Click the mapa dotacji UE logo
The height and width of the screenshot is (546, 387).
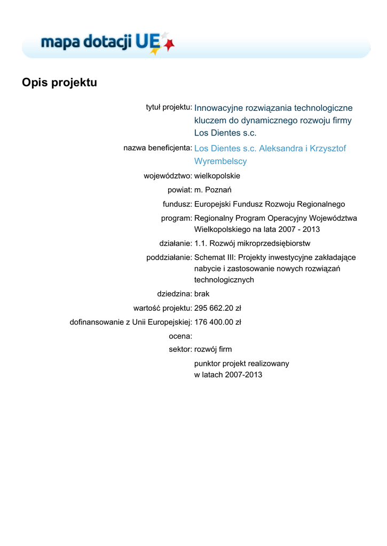(x=107, y=43)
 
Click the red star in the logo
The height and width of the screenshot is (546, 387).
(x=170, y=45)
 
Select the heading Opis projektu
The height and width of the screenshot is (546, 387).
(x=59, y=83)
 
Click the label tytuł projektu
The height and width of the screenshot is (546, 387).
(x=169, y=107)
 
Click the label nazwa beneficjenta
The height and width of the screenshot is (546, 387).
(x=157, y=148)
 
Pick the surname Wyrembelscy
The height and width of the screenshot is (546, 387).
(x=220, y=161)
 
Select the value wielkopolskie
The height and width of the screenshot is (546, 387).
(x=217, y=175)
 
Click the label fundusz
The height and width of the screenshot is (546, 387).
(x=177, y=204)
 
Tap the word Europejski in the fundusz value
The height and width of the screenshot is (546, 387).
(x=212, y=204)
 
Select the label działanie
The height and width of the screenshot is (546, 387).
(x=176, y=243)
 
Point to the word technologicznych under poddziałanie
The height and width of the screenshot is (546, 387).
(x=224, y=279)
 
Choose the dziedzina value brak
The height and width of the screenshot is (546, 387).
(x=202, y=293)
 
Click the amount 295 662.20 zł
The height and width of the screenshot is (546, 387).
(x=218, y=308)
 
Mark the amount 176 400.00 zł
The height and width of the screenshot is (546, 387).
(x=218, y=322)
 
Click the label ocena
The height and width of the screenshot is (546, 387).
(x=180, y=336)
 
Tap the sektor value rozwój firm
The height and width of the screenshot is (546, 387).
(x=213, y=349)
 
